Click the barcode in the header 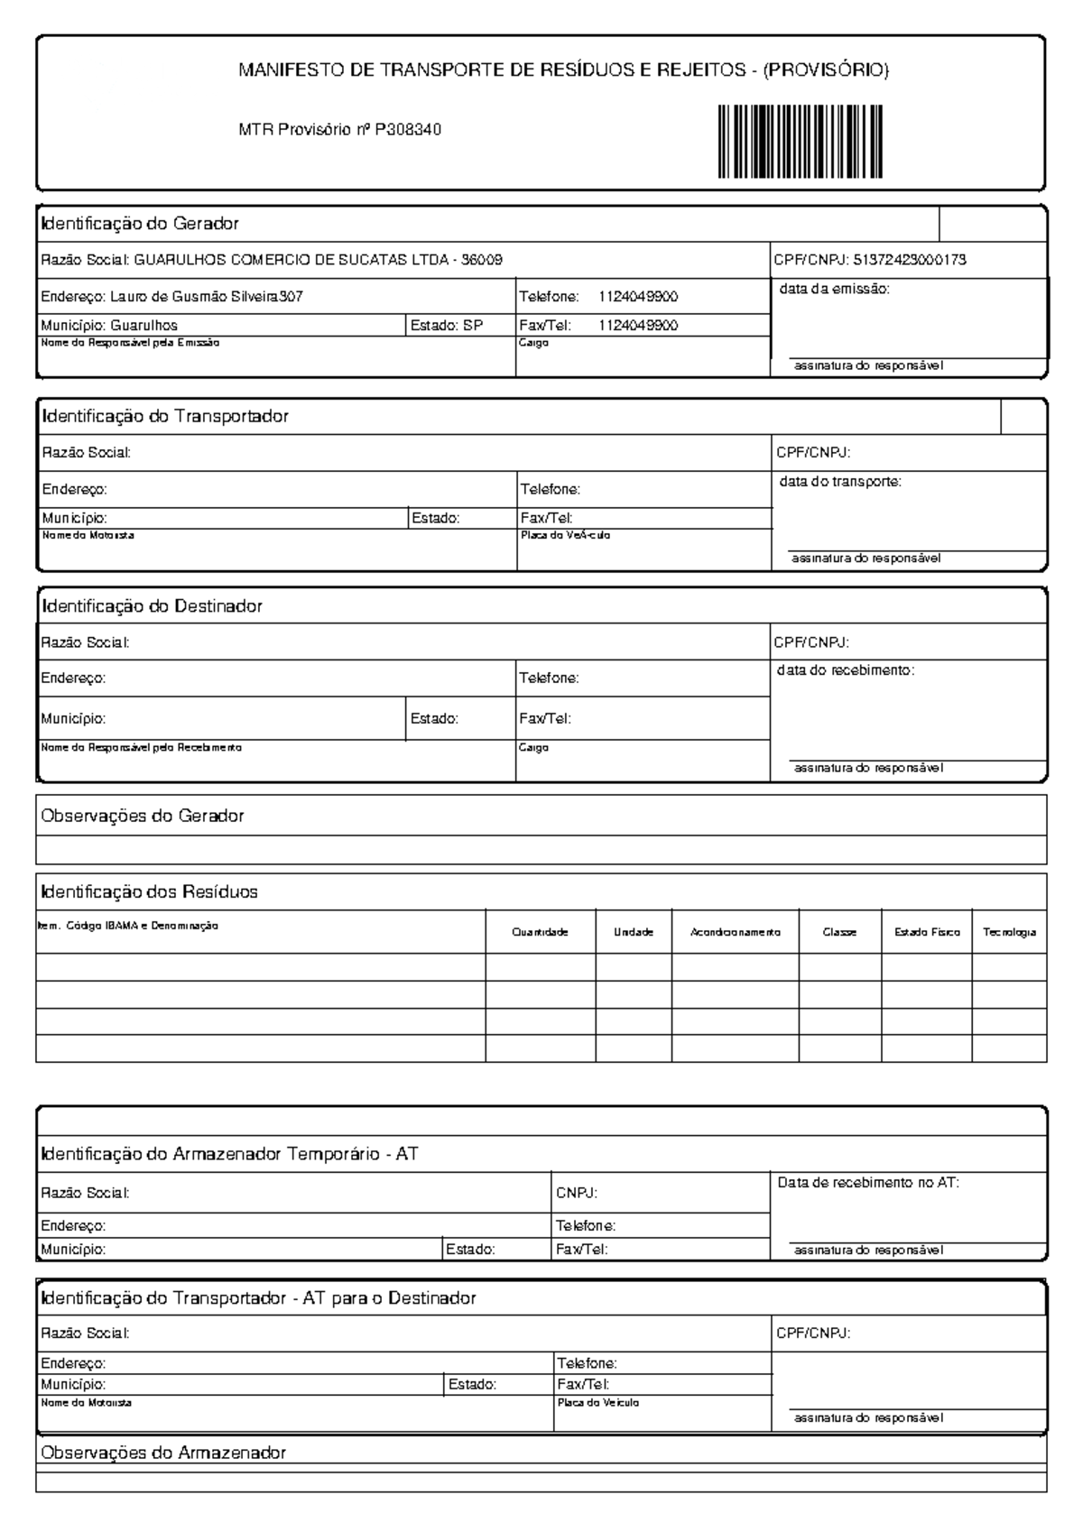(x=801, y=142)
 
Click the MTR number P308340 (x=408, y=130)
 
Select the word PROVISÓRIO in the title (x=826, y=70)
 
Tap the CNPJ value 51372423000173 (x=910, y=260)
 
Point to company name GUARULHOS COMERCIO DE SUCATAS (x=291, y=260)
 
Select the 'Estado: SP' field (x=447, y=326)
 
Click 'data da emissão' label (x=834, y=290)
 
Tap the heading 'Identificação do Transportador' (x=165, y=416)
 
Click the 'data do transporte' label (x=840, y=482)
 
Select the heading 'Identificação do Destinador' (x=152, y=606)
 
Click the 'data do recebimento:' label (x=846, y=670)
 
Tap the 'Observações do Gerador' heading (x=143, y=816)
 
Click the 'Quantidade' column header (x=540, y=933)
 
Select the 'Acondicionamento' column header (x=735, y=933)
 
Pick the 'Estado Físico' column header (x=927, y=933)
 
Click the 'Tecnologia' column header (x=1009, y=933)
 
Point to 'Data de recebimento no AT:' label (x=868, y=1182)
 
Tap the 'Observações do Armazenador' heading (x=163, y=1453)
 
